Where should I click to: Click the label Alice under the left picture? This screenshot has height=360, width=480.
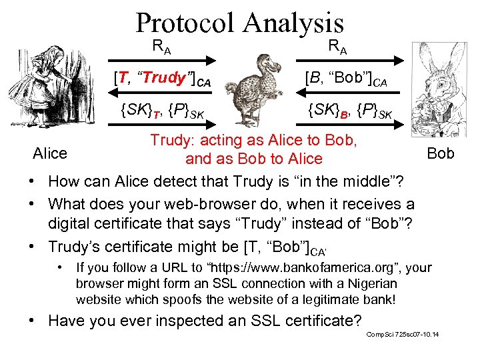pyautogui.click(x=51, y=153)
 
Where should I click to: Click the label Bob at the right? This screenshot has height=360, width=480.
pyautogui.click(x=441, y=153)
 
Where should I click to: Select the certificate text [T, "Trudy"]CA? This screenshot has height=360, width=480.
pyautogui.click(x=163, y=79)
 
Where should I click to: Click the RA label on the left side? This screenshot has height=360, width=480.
pyautogui.click(x=161, y=46)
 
